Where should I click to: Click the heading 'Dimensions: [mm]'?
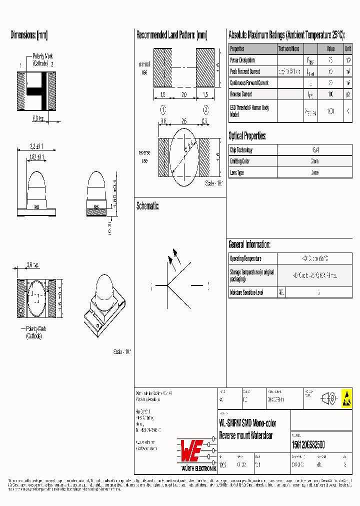pyautogui.click(x=29, y=35)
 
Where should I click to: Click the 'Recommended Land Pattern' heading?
pyautogui.click(x=171, y=35)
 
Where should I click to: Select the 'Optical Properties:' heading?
pyautogui.click(x=247, y=136)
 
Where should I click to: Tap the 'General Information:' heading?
pyautogui.click(x=249, y=244)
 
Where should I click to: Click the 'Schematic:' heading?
pyautogui.click(x=147, y=205)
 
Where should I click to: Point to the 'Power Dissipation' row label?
pyautogui.click(x=242, y=60)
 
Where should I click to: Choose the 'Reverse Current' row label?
pyautogui.click(x=240, y=94)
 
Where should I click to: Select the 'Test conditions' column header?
pyautogui.click(x=289, y=49)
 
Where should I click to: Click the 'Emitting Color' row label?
pyautogui.click(x=239, y=161)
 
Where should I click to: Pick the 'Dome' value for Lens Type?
pyautogui.click(x=315, y=172)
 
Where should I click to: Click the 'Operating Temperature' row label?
pyautogui.click(x=245, y=258)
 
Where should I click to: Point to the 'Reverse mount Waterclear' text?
pyautogui.click(x=246, y=435)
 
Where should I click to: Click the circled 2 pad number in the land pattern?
pyautogui.click(x=205, y=110)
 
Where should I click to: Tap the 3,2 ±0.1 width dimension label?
pyautogui.click(x=36, y=146)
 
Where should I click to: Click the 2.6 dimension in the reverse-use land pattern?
pyautogui.click(x=184, y=120)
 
